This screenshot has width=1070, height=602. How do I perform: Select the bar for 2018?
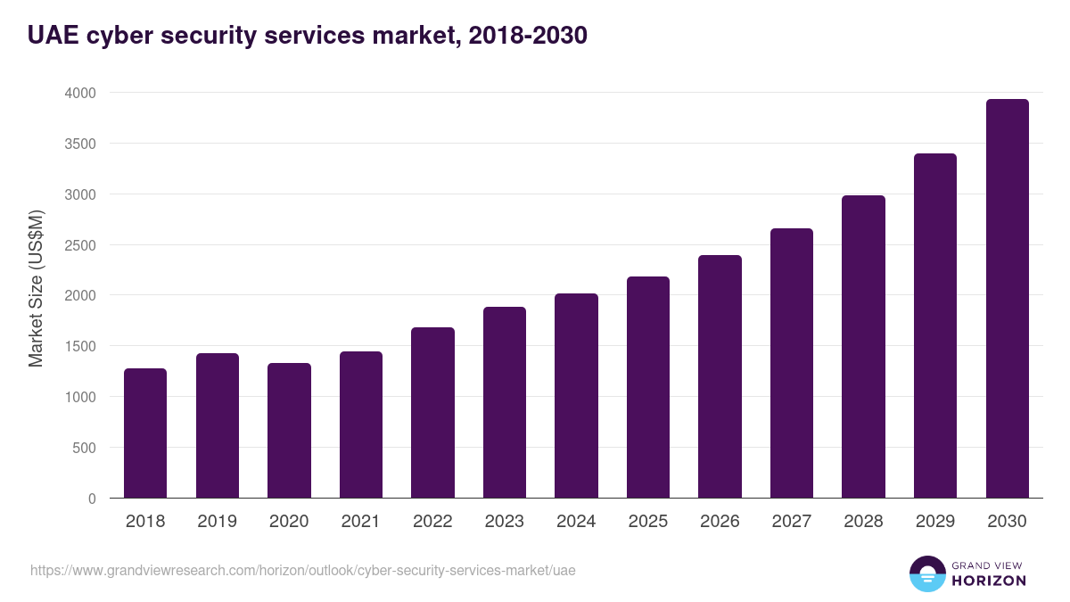click(x=145, y=433)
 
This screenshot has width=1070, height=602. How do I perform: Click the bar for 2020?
click(x=289, y=431)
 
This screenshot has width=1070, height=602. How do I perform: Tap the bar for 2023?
click(x=505, y=402)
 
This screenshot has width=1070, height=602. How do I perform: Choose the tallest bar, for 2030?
click(x=1007, y=299)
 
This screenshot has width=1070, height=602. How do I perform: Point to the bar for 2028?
click(x=863, y=347)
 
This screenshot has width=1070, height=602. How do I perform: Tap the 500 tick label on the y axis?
click(x=85, y=448)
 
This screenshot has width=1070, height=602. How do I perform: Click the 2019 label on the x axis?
click(x=217, y=522)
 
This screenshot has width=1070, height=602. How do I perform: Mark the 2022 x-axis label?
click(x=432, y=522)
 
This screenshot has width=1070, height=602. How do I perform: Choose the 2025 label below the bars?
click(x=647, y=522)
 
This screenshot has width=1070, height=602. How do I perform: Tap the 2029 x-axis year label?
click(x=934, y=522)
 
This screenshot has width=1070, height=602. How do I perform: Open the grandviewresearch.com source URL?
click(x=303, y=570)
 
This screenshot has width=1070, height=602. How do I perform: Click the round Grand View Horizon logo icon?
click(x=926, y=573)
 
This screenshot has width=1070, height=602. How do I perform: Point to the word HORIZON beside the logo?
click(x=988, y=581)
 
